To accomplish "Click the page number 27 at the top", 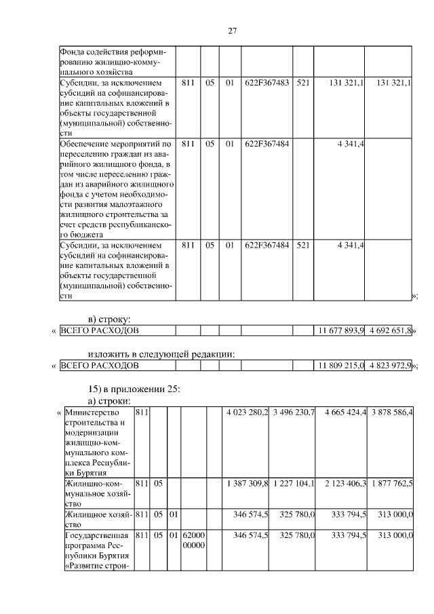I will [x=231, y=31].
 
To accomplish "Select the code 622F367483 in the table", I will [x=267, y=83].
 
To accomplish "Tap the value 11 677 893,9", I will [x=341, y=330].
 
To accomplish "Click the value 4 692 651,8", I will [x=389, y=330].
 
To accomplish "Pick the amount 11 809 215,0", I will [x=341, y=366].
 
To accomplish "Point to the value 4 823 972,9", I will [x=389, y=366].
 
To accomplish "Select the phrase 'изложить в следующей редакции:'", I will [x=162, y=353].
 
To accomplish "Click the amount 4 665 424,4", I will [x=344, y=412].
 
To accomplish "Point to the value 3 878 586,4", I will [x=391, y=412].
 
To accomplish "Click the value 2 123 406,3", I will [x=344, y=483].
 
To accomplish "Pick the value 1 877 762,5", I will [x=391, y=483].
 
